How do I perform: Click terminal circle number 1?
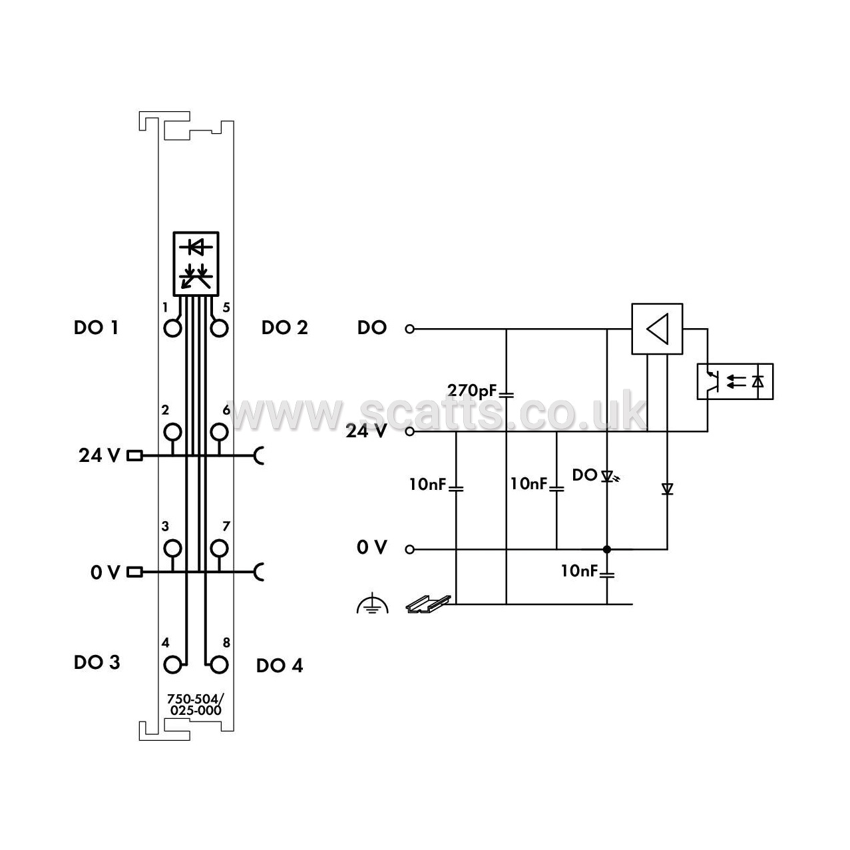172,329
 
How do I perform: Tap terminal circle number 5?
219,329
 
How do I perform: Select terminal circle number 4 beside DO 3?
172,665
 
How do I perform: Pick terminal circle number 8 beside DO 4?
219,665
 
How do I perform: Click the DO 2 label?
284,327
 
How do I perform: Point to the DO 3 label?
97,662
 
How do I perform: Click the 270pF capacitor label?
472,391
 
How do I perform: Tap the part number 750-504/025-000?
196,704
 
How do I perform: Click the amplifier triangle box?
657,329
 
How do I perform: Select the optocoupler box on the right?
736,381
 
